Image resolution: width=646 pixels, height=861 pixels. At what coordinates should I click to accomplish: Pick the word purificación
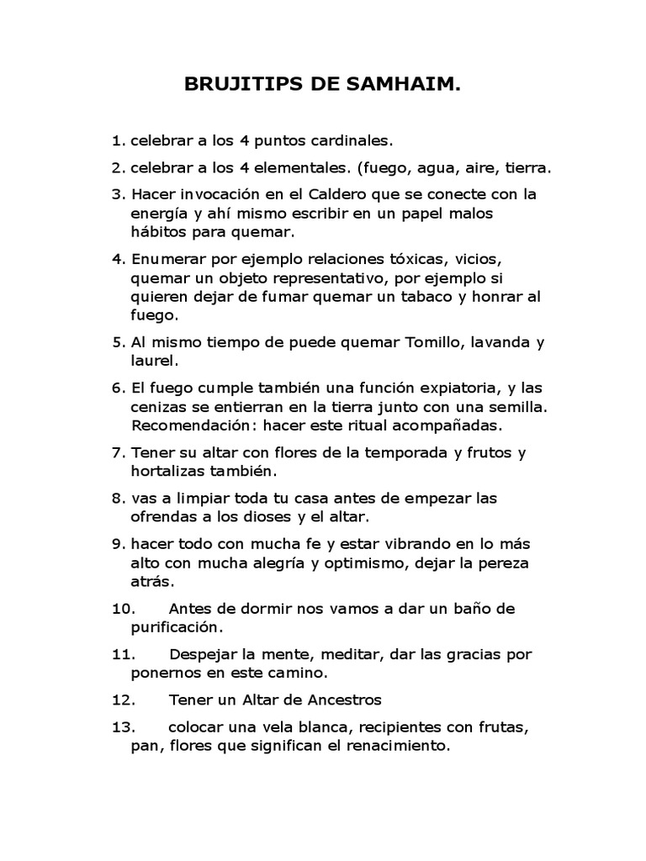click(177, 627)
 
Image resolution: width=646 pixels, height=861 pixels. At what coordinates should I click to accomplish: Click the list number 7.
click(117, 452)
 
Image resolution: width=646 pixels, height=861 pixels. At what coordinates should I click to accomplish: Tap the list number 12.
click(124, 700)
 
